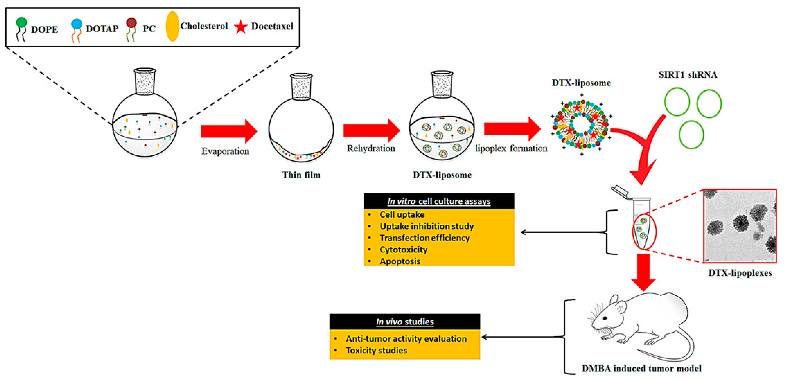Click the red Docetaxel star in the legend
tap(241, 27)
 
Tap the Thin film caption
tap(301, 175)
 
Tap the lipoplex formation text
tap(511, 149)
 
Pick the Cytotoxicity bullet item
tap(403, 250)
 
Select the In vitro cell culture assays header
tap(439, 201)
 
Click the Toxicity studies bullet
tap(376, 351)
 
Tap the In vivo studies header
tap(405, 322)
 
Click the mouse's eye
tap(605, 318)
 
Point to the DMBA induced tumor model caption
tap(641, 369)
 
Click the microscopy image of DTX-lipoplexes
tap(740, 226)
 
